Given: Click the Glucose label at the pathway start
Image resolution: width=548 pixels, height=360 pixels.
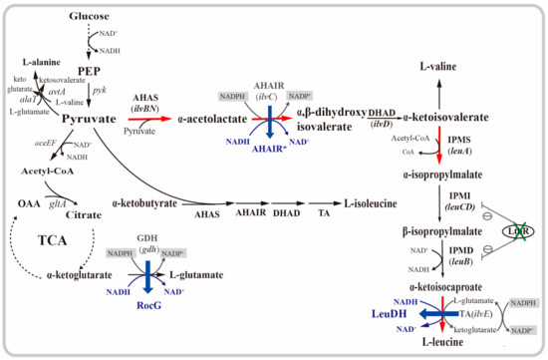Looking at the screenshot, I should click(x=89, y=17).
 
